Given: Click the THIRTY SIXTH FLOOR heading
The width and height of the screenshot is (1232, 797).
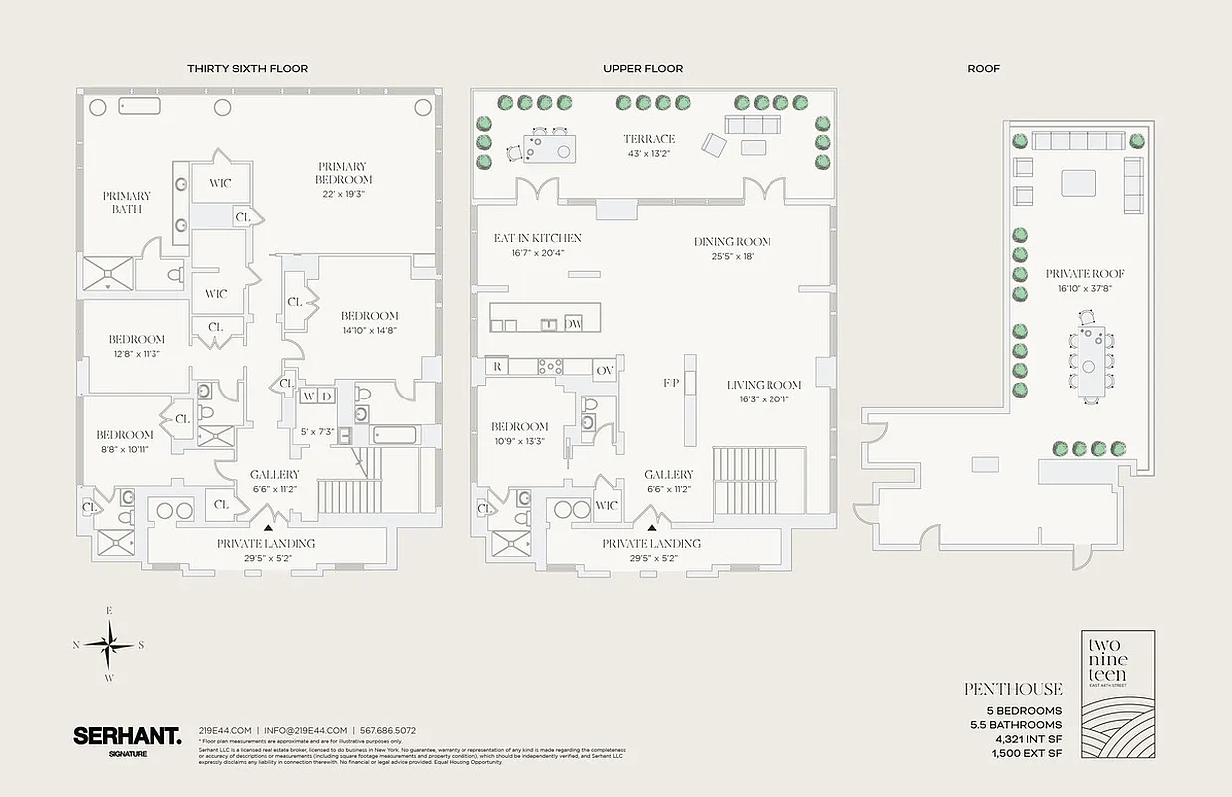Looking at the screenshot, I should [x=247, y=69].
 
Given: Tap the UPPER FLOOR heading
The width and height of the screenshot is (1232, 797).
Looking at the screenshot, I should [x=643, y=69].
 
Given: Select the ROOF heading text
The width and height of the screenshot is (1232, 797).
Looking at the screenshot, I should [x=983, y=69].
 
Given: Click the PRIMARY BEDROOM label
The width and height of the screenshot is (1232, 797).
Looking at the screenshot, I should [x=342, y=173].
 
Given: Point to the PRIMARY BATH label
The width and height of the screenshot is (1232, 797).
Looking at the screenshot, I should [x=127, y=202].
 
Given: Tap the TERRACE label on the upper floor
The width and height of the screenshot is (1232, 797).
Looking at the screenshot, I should [x=649, y=139].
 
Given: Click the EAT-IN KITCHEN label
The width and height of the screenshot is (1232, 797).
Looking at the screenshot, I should [x=537, y=239].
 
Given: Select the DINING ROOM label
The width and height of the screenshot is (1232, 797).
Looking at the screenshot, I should [x=733, y=242].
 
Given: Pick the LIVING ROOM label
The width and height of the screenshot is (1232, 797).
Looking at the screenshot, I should [x=764, y=385].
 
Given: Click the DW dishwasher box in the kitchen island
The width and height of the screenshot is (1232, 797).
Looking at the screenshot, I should [x=573, y=324].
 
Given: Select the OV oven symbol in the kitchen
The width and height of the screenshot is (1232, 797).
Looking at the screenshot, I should [x=605, y=369].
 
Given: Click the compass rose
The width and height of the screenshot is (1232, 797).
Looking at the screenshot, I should [x=109, y=644].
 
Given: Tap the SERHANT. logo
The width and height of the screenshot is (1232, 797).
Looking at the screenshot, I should [x=127, y=738].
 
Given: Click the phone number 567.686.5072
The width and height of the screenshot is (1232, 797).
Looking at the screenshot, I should [x=389, y=730].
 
